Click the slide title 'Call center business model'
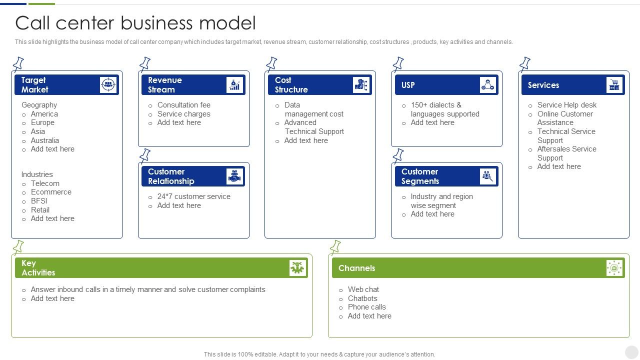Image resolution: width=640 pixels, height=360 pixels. [x=135, y=23]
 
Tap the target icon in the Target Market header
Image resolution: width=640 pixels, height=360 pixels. [x=107, y=85]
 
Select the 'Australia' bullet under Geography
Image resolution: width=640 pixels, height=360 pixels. [x=44, y=140]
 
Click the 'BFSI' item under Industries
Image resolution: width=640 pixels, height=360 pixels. [x=39, y=201]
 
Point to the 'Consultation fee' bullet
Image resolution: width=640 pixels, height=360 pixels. [x=183, y=105]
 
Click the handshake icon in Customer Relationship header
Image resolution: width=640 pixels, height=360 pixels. [x=234, y=176]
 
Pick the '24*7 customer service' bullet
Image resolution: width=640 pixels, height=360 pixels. [x=193, y=196]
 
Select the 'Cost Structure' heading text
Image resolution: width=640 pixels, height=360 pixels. [x=291, y=85]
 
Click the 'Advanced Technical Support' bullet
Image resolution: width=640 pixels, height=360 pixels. [x=313, y=127]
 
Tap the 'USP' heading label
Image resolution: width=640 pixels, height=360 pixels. [x=408, y=85]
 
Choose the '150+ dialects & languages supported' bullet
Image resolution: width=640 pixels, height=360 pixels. [x=444, y=109]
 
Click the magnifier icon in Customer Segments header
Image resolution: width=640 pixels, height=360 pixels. [x=487, y=176]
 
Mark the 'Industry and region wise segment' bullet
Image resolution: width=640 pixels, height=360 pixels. [x=441, y=201]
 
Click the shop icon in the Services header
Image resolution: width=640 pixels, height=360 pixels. [x=614, y=85]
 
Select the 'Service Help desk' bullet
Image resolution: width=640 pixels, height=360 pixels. [x=566, y=105]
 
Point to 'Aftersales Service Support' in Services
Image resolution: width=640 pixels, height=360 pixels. [x=566, y=153]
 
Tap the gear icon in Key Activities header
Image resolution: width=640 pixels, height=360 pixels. [x=297, y=268]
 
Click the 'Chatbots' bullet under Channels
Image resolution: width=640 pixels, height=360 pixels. [x=362, y=298]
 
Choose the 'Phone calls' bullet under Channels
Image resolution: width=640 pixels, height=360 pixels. [x=366, y=307]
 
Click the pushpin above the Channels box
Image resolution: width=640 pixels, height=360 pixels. [x=335, y=247]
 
